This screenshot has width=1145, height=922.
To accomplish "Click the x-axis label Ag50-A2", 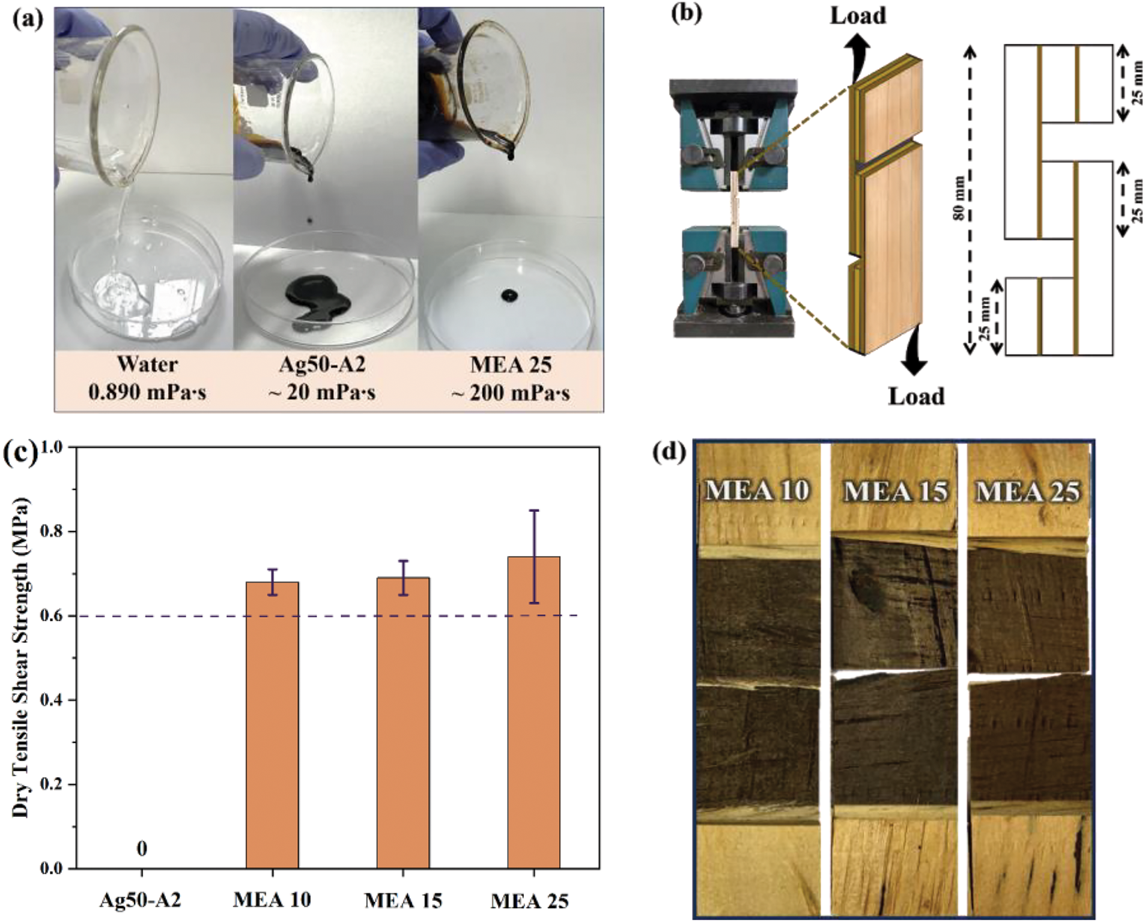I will point(141,900).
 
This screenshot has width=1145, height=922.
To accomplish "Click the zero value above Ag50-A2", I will point(142,849).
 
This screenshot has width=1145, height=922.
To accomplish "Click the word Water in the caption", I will point(147,364).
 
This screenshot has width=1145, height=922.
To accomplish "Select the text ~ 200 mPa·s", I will point(511,393).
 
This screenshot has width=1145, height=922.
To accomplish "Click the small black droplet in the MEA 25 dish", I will point(509,296).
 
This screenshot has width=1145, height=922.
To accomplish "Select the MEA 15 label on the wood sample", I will point(896,492).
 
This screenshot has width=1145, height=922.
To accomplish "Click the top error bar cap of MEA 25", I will point(533,511).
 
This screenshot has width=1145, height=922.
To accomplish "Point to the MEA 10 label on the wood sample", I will point(757,491).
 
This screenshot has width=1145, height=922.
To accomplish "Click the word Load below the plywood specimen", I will point(916,396).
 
